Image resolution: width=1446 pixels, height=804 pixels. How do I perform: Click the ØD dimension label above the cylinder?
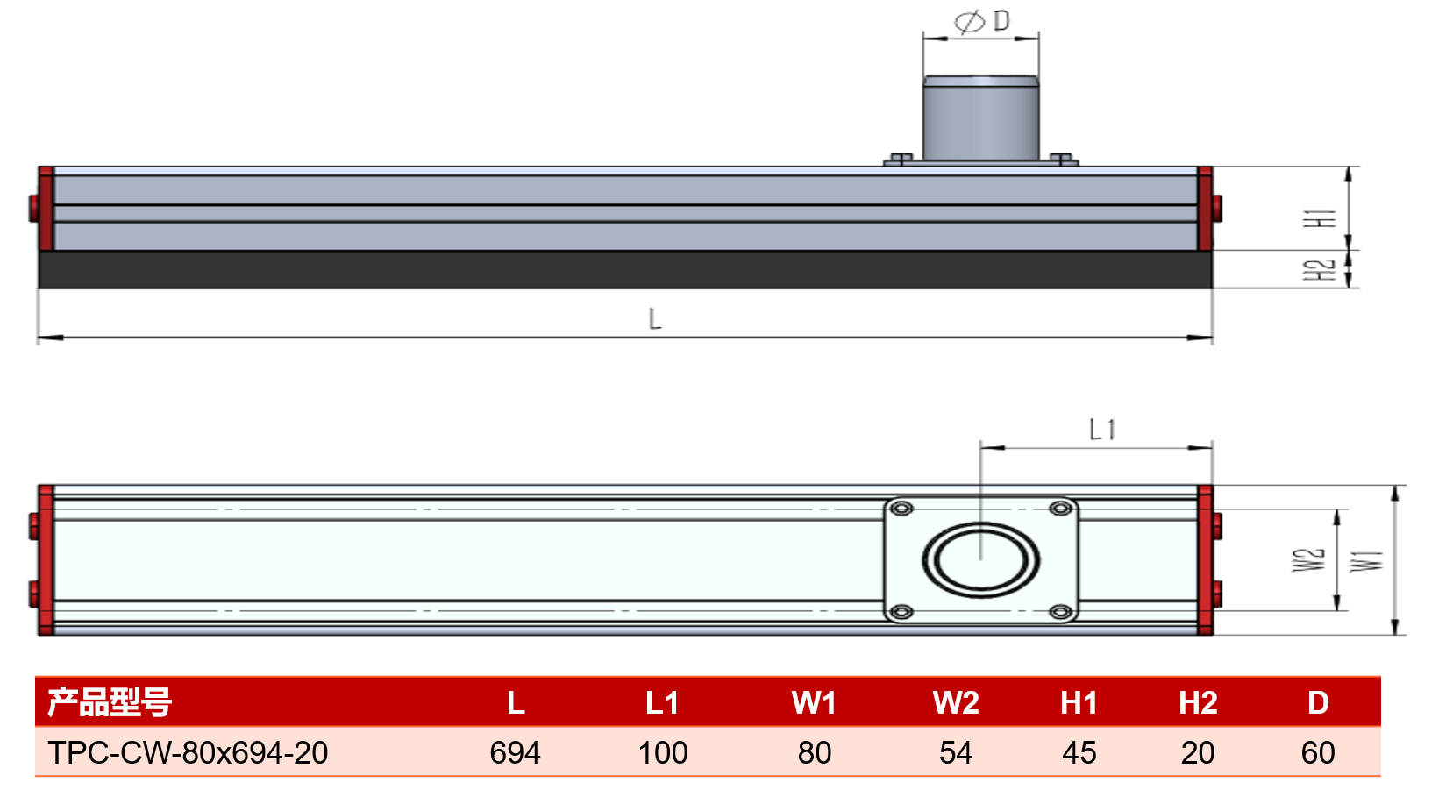point(982,21)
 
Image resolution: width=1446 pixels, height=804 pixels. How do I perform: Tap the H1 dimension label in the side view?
point(1320,218)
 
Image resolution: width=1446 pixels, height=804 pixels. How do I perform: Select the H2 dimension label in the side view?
point(1320,270)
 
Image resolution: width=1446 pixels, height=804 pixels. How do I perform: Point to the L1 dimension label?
point(1102,430)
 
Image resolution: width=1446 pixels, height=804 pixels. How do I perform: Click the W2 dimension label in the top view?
point(1308,560)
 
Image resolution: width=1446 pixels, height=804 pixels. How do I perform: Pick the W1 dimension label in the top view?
point(1366,561)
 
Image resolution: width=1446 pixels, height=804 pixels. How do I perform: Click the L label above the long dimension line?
point(654,319)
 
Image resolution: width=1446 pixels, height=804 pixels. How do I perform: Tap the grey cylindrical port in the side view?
point(980,118)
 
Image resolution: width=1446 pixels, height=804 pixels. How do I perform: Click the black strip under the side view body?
point(625,269)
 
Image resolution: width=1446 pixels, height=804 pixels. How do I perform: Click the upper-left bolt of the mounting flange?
point(901,509)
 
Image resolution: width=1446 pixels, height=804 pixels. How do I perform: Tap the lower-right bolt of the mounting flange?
point(1061,611)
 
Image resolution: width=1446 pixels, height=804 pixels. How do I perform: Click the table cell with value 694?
point(515,752)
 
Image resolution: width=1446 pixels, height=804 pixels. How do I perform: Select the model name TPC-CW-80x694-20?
point(188,752)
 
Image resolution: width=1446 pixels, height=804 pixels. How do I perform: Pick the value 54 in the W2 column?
point(956,752)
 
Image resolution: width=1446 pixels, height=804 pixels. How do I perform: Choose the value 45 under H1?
point(1079,752)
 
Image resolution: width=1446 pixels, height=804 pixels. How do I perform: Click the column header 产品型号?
point(110,702)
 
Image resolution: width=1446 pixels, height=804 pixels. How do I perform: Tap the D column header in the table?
point(1318,702)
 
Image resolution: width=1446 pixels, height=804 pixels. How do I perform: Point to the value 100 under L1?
point(663,752)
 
